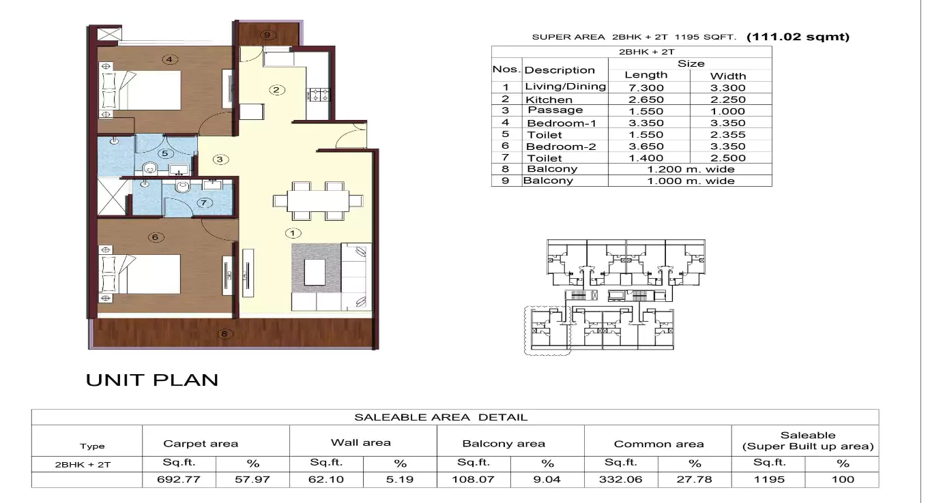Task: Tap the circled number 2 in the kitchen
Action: [x=276, y=90]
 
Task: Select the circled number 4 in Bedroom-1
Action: [x=170, y=59]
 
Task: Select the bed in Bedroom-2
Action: [x=141, y=275]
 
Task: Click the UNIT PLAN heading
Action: [x=151, y=380]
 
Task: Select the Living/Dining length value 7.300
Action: [x=646, y=87]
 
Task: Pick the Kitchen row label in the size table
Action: [x=549, y=100]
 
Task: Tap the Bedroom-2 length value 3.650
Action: [x=646, y=147]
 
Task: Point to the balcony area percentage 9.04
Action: [x=547, y=479]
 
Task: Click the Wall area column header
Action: [x=361, y=443]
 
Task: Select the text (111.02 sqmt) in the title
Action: [x=798, y=37]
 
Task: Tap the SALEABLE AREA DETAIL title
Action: [x=441, y=417]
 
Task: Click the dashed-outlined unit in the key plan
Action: [x=546, y=329]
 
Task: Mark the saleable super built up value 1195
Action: [x=768, y=479]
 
